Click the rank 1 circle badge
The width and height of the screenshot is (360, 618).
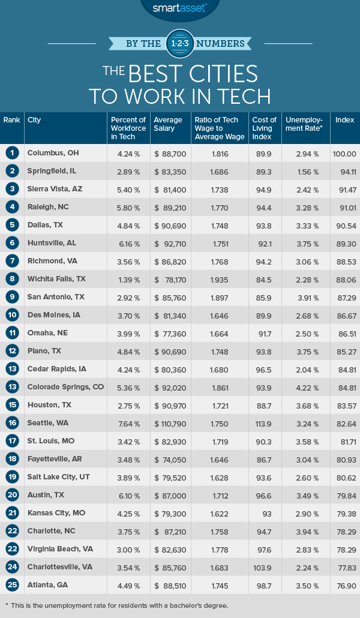tap(11, 153)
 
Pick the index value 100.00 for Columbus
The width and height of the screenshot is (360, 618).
tap(344, 153)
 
